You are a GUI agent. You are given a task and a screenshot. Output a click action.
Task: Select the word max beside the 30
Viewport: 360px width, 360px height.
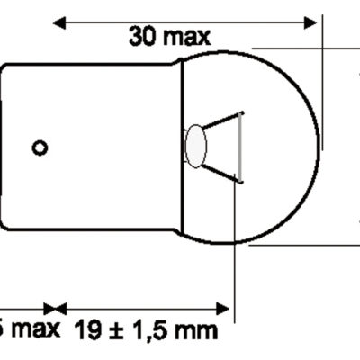186,36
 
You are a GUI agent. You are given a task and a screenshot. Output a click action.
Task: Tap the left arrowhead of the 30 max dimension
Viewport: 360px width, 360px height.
62,19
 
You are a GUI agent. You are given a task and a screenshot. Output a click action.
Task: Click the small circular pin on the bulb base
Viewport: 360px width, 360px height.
40,148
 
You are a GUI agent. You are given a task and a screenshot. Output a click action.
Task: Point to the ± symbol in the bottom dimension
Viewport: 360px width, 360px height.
114,330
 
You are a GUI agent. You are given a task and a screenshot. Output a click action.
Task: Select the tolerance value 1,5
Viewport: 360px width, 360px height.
148,330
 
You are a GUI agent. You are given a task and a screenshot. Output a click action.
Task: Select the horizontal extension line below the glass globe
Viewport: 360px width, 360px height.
297,243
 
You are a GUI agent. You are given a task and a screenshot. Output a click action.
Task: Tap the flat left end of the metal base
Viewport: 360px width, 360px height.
3,148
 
